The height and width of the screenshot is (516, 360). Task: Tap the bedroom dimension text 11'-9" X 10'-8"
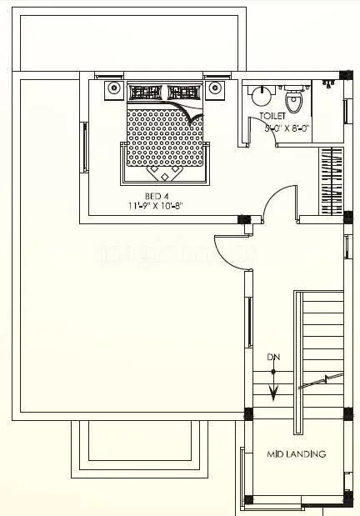163,204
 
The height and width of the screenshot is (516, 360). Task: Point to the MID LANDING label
295,454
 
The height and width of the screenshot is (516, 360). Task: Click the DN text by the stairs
272,357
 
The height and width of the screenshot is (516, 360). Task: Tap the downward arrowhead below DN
272,373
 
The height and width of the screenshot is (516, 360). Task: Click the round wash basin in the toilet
258,94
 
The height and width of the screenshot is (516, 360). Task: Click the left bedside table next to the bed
113,89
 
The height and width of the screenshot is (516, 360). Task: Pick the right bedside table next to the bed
215,89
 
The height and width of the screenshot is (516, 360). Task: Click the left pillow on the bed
144,93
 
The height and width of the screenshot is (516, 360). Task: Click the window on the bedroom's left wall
83,148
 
